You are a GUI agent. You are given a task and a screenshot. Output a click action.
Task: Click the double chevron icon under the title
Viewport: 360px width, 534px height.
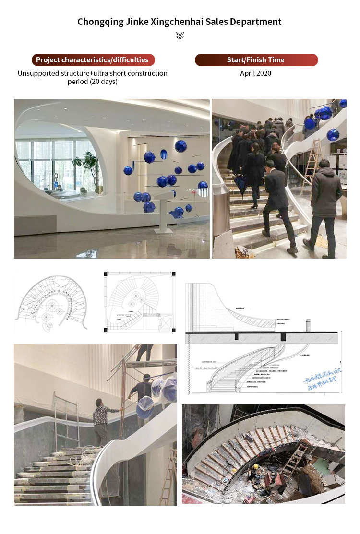click(180, 36)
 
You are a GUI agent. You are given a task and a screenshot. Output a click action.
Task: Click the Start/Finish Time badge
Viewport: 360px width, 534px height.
click(256, 60)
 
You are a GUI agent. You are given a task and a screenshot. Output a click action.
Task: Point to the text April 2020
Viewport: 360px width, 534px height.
click(256, 73)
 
